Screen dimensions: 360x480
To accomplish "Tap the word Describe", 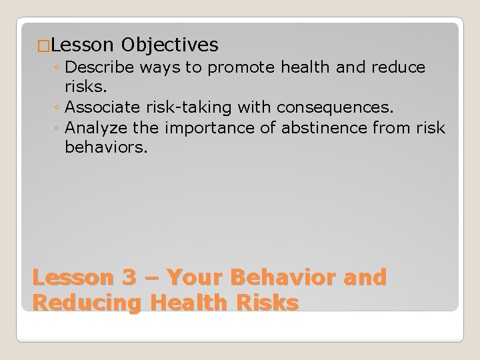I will click(99, 68).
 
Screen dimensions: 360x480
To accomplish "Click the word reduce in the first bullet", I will click(397, 68).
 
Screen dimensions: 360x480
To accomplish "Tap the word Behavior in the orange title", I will click(285, 277).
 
